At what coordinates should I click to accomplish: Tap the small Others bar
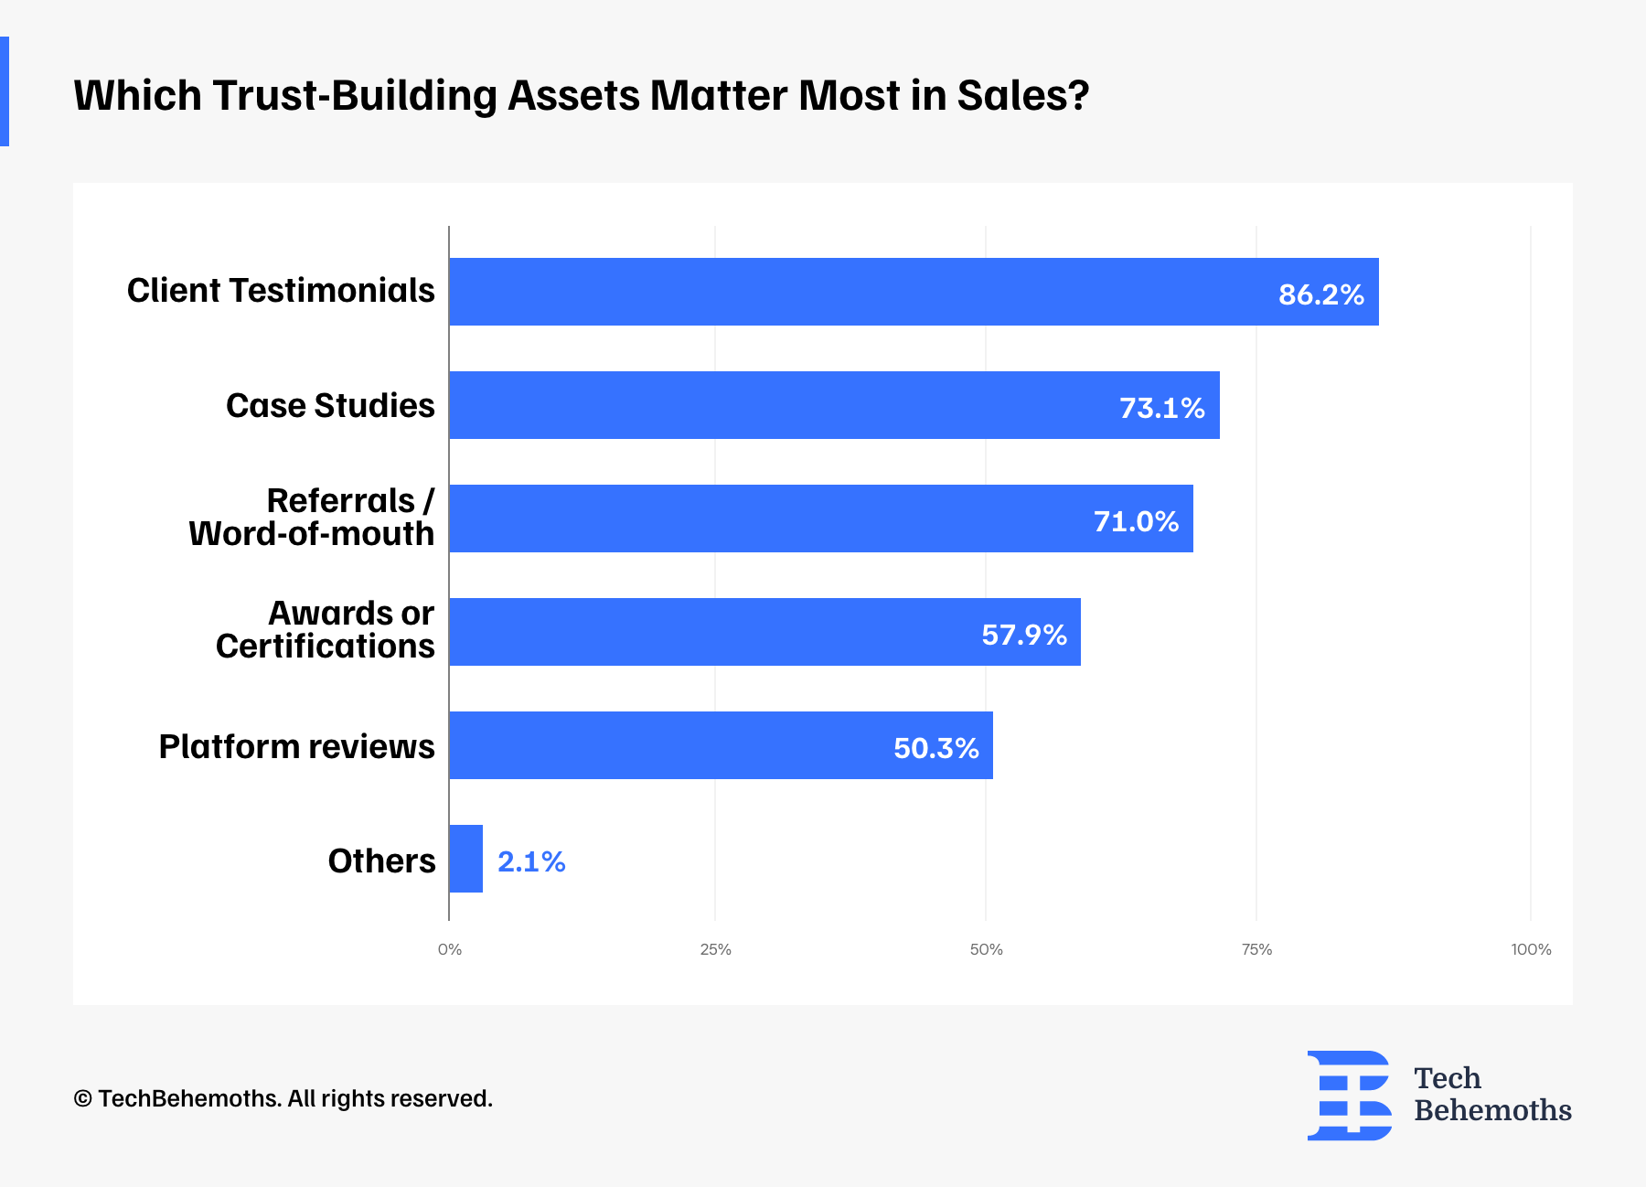(x=466, y=859)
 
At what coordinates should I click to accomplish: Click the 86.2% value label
(x=1320, y=294)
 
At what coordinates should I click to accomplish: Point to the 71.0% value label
(x=1136, y=521)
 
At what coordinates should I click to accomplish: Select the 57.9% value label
(x=1024, y=635)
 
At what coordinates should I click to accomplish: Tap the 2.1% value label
(x=531, y=861)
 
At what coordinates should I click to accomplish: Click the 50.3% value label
(x=935, y=748)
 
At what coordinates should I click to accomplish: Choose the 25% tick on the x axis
(x=715, y=949)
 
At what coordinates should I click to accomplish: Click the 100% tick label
(x=1531, y=949)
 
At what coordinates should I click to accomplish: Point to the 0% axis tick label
(x=450, y=949)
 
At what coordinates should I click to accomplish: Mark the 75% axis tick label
(x=1256, y=949)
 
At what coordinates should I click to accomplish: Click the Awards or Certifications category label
(x=326, y=629)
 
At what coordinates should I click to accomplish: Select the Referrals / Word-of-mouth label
(x=312, y=517)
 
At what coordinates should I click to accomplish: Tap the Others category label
(x=381, y=861)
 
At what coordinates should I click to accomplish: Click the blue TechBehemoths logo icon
(x=1350, y=1095)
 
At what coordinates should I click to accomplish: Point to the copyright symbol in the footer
(x=82, y=1098)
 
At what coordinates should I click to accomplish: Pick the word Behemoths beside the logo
(x=1492, y=1110)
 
